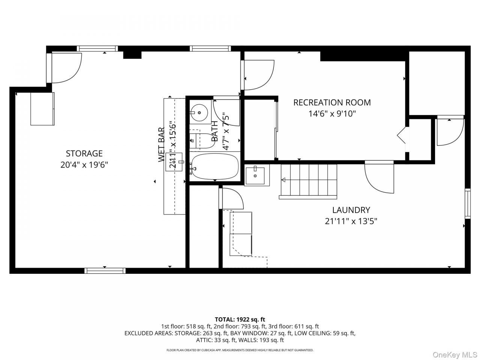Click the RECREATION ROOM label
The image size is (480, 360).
click(332, 102)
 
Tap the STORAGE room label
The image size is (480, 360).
click(84, 153)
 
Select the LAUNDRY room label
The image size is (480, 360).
click(351, 210)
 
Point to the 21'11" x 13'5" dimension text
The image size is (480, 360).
click(351, 221)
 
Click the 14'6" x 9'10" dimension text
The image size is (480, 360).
click(332, 114)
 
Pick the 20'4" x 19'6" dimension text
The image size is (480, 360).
click(84, 165)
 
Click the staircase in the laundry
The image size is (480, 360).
click(308, 181)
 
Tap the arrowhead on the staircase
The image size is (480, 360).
click(283, 180)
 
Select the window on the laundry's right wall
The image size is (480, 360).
click(468, 204)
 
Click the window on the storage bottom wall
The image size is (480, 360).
click(105, 271)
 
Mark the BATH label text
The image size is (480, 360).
click(215, 131)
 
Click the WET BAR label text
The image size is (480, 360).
click(161, 145)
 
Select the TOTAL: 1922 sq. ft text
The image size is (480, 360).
click(240, 319)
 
